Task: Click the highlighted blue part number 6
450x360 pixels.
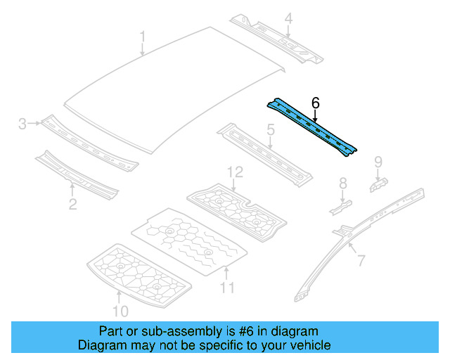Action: pyautogui.click(x=312, y=127)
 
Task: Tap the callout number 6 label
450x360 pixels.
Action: pyautogui.click(x=316, y=103)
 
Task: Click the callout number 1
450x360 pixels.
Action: pyautogui.click(x=143, y=37)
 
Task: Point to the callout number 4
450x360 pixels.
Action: pyautogui.click(x=288, y=19)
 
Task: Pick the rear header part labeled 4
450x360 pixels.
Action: pyautogui.click(x=276, y=39)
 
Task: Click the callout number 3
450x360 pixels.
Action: pyautogui.click(x=22, y=124)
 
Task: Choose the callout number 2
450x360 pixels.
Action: pyautogui.click(x=73, y=204)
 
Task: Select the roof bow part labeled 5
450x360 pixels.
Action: pyautogui.click(x=264, y=155)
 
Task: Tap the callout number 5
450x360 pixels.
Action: pyautogui.click(x=271, y=130)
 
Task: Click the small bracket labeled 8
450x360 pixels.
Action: pyautogui.click(x=340, y=208)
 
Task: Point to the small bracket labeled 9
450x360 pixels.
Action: pyautogui.click(x=378, y=185)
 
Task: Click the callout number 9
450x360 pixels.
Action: pyautogui.click(x=378, y=162)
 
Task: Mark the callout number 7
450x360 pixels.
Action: pyautogui.click(x=361, y=260)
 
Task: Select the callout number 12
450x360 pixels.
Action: pyautogui.click(x=235, y=172)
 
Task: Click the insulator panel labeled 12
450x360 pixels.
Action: pyautogui.click(x=236, y=212)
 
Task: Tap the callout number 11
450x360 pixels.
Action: pyautogui.click(x=227, y=288)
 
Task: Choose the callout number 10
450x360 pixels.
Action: pyautogui.click(x=120, y=311)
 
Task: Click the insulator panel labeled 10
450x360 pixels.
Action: pyautogui.click(x=139, y=276)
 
